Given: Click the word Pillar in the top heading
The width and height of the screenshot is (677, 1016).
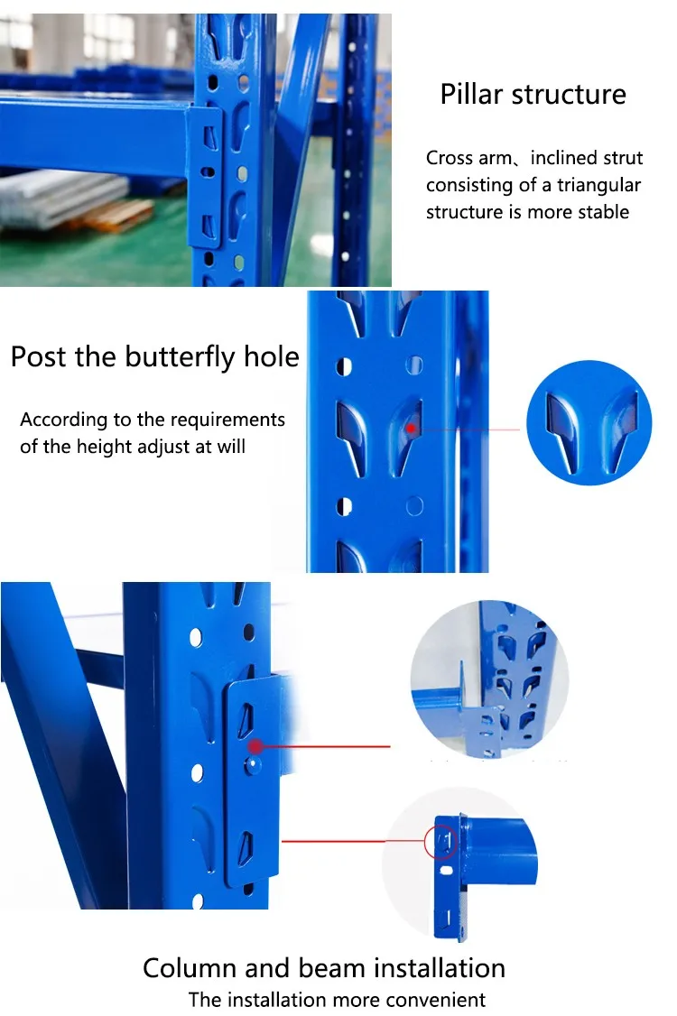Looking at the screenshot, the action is pos(471,94).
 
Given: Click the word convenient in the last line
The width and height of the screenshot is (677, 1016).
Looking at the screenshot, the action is pos(442,999).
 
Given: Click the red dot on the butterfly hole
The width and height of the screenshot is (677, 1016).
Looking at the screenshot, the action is pos(411,429).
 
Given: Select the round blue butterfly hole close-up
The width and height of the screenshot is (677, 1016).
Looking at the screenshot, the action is pos(589,422).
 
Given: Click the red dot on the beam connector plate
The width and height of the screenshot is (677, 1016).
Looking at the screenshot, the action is pos(255,746).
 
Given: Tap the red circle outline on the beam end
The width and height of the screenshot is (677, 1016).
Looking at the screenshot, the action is pos(441,841).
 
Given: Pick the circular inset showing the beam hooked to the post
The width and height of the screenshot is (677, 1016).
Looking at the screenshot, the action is pos(489,679).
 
